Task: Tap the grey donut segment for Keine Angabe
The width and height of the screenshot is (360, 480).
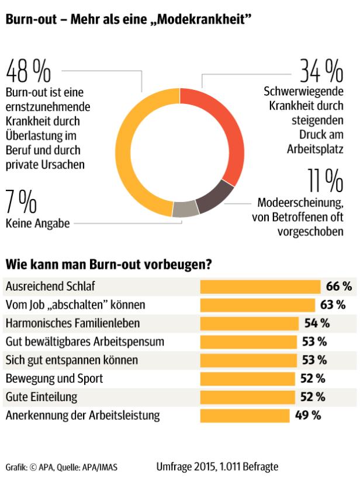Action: point(185,209)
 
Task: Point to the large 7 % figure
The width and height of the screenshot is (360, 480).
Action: point(21,202)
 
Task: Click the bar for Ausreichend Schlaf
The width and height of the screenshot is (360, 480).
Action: point(261,286)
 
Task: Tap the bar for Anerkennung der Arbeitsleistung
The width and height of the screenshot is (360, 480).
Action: point(245,416)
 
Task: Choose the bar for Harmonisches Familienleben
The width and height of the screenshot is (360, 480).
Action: point(249,323)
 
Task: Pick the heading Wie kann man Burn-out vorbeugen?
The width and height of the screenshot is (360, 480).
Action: point(108,264)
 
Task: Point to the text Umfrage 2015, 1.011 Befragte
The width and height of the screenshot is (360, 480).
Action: point(217,466)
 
